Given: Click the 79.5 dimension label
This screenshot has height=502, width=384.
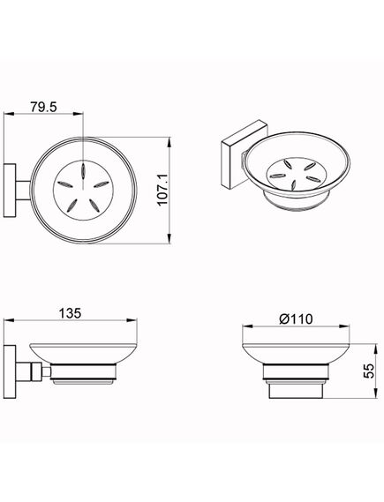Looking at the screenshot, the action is coord(43,107).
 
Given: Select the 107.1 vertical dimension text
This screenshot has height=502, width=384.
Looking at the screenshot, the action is coord(162,190).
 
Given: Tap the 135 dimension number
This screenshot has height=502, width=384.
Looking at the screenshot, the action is coord(70,313).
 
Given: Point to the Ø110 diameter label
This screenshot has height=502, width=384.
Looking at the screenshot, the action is coord(296,318).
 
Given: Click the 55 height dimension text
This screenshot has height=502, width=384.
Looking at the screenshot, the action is coord(369,371).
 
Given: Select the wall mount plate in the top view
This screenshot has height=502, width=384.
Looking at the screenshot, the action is coord(10,191).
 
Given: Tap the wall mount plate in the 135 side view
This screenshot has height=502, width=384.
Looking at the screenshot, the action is coord(10,371).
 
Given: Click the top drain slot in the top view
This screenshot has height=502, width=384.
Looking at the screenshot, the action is coord(83,169).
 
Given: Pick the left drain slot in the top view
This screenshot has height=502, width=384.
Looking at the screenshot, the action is coord(65,184).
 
